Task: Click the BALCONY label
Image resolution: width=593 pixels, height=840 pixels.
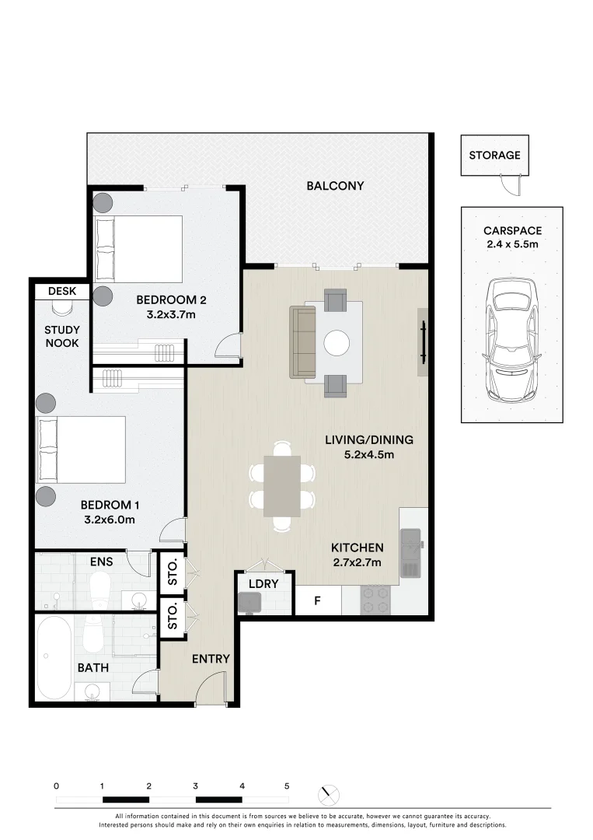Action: point(335,186)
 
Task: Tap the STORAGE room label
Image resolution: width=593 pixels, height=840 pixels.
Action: point(494,156)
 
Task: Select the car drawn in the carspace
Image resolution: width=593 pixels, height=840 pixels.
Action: point(511,340)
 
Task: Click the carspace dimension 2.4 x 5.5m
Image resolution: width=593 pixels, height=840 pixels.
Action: point(512,244)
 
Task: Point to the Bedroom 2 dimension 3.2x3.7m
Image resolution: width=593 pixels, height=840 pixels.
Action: point(171,314)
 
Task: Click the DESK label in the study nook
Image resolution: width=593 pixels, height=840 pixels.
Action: point(62,292)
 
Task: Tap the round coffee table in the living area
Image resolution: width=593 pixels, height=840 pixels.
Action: point(337,343)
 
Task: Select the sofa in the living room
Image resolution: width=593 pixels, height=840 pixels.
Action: point(303,341)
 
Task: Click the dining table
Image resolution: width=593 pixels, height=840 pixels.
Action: point(282,486)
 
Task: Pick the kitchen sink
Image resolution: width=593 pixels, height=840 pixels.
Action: point(412,552)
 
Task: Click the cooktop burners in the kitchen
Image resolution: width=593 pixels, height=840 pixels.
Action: point(377,599)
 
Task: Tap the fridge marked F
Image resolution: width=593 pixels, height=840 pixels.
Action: point(317,600)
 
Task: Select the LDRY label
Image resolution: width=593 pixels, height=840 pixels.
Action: point(263,584)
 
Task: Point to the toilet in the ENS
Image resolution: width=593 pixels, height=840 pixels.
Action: point(100,587)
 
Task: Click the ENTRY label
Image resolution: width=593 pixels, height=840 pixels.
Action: point(211,659)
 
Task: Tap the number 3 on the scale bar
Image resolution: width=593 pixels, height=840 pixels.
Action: point(195,786)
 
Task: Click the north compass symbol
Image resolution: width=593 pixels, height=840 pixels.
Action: point(329,794)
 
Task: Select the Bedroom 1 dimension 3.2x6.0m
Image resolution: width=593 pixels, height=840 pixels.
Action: point(109,520)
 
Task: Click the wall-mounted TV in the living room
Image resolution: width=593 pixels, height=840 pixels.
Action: point(424,342)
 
